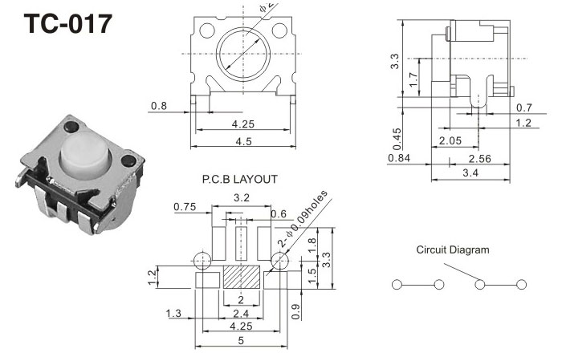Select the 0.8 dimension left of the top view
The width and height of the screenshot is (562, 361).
[x=158, y=105]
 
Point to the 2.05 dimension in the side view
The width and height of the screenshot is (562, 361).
[x=450, y=141]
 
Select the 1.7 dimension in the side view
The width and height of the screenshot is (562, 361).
[x=412, y=80]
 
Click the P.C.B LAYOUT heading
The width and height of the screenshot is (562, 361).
[x=240, y=180]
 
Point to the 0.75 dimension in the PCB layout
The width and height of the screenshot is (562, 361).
[x=185, y=207]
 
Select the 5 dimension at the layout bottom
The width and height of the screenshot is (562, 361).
[x=242, y=341]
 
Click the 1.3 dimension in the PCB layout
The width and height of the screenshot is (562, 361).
[x=173, y=313]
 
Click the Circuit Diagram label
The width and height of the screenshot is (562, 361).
[x=452, y=250]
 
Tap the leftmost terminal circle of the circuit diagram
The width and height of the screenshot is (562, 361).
[x=397, y=285]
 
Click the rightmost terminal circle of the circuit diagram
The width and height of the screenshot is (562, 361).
[x=522, y=285]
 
